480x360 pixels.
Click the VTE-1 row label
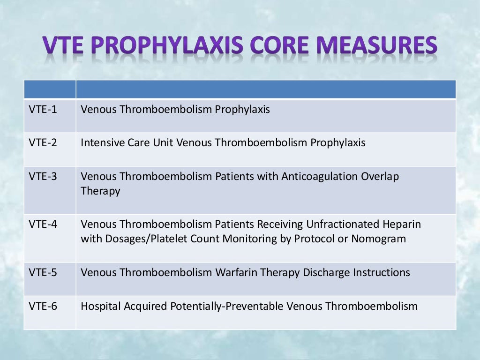point(43,110)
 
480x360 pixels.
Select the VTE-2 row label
point(43,142)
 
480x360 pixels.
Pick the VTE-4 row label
point(43,225)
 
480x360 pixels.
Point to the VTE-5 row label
point(43,272)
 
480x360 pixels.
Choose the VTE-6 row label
point(43,307)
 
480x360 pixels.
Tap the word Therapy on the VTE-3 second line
point(100,191)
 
